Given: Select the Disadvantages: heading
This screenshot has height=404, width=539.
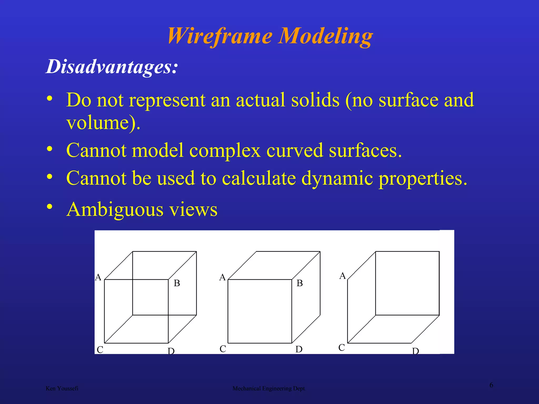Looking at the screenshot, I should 112,66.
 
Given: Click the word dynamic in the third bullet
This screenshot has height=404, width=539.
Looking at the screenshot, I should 337,178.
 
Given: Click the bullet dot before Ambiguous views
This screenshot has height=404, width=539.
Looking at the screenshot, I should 49,207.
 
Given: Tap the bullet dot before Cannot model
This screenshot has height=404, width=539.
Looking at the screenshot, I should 49,149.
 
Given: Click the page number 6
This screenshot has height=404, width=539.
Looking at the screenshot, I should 491,385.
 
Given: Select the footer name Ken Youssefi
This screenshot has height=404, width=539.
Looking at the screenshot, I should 62,388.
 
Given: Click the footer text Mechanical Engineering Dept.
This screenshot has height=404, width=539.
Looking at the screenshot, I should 269,388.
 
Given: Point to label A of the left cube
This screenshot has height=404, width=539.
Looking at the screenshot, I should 98,277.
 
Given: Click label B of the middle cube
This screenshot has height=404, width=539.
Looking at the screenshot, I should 300,283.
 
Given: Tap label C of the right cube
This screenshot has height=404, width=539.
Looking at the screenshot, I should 342,347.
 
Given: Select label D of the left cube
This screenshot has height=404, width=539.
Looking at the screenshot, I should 171,351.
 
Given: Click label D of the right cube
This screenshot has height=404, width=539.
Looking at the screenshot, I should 416,351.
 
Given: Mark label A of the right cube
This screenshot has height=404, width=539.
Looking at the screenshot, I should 342,276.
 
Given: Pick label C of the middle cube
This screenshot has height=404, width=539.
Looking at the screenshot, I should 223,349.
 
